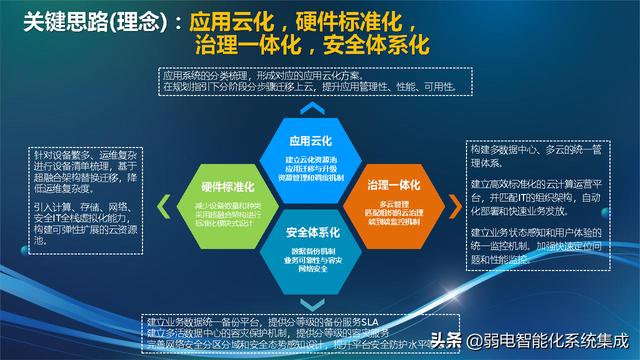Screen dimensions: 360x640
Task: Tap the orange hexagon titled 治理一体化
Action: (x=380, y=198)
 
